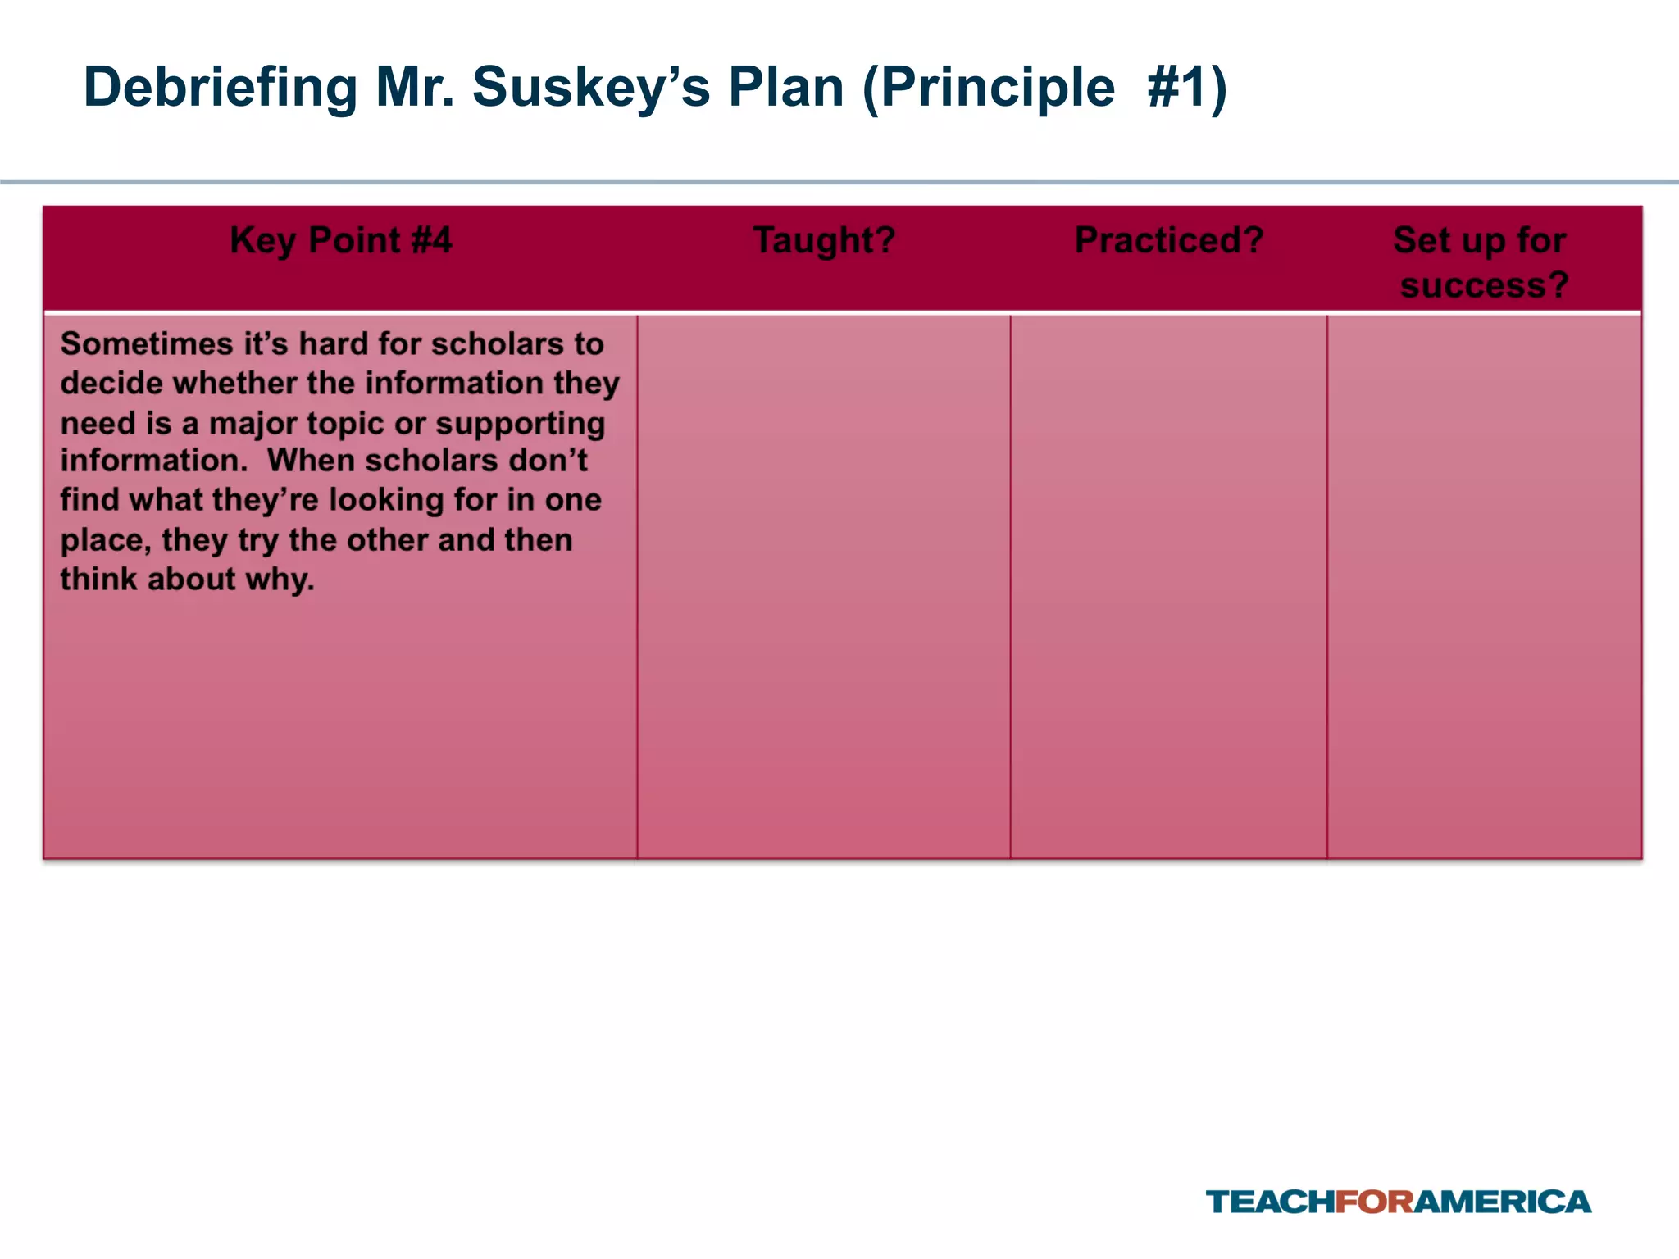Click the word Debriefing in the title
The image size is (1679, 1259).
pyautogui.click(x=221, y=88)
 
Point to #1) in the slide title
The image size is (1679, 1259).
pyautogui.click(x=1186, y=88)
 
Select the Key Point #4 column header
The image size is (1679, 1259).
pyautogui.click(x=340, y=241)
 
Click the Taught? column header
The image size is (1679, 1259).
pyautogui.click(x=824, y=241)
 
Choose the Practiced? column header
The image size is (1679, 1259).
pyautogui.click(x=1169, y=241)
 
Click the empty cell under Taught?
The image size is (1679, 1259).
pyautogui.click(x=824, y=586)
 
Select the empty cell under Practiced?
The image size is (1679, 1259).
pyautogui.click(x=1169, y=586)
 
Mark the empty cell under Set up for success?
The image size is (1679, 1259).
pyautogui.click(x=1484, y=586)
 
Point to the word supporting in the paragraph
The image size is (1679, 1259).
pyautogui.click(x=520, y=424)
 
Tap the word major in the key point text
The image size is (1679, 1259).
pyautogui.click(x=253, y=424)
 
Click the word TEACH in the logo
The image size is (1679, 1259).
pyautogui.click(x=1270, y=1202)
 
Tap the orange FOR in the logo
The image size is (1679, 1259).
pyautogui.click(x=1375, y=1202)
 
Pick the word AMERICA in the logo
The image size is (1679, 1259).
pyautogui.click(x=1502, y=1202)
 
